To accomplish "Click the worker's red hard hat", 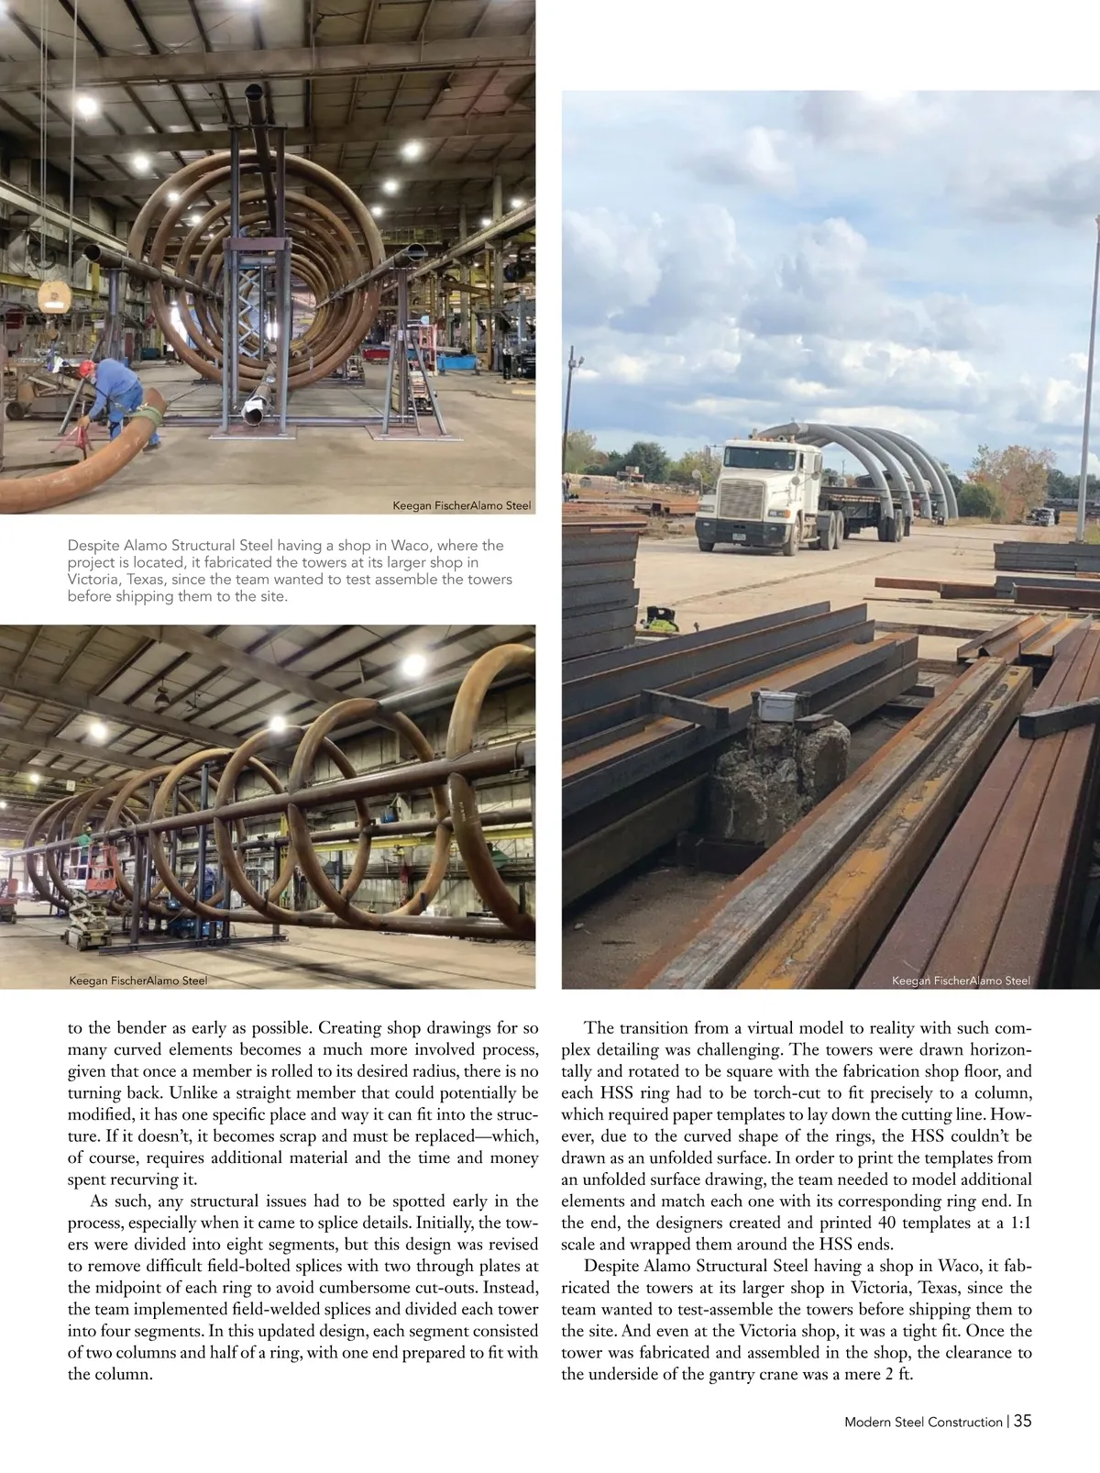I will pos(87,368).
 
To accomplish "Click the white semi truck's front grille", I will pos(738,503).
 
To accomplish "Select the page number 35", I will pos(1023,1421).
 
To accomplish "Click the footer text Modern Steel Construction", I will pos(923,1422).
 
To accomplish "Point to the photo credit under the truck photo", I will pos(961,980).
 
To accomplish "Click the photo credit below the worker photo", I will pos(461,505).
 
